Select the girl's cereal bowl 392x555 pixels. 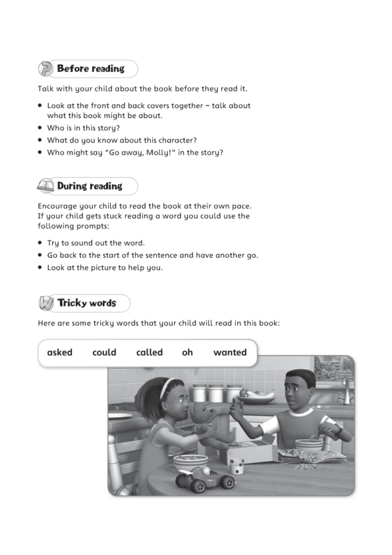(190, 461)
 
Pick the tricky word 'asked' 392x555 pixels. (60, 353)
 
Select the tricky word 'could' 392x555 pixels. (104, 353)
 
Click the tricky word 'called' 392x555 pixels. (150, 353)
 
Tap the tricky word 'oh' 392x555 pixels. (188, 353)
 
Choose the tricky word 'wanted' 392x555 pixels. (230, 353)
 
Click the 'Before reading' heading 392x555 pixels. (91, 69)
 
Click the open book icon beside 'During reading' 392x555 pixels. (46, 187)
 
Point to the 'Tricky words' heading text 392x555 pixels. (86, 303)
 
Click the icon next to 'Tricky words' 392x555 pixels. (46, 304)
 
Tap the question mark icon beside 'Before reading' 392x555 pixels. (46, 69)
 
